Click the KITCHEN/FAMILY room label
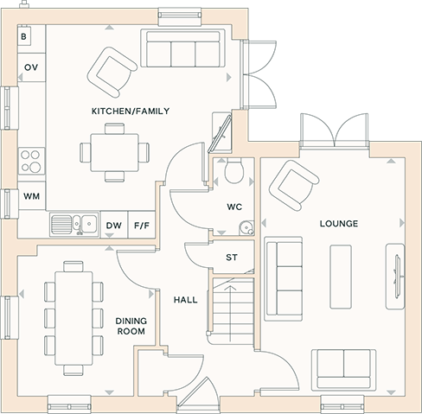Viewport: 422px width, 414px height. coord(131,111)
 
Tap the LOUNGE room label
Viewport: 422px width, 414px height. coord(339,224)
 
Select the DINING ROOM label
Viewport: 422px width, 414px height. coord(131,326)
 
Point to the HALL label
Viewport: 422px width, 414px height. coord(186,300)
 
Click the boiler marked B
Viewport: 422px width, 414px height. coord(24,35)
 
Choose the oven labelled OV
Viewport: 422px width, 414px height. coord(31,67)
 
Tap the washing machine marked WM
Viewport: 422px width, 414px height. coord(31,196)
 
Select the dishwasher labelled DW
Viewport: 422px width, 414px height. coord(114,226)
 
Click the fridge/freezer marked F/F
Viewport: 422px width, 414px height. coord(142,226)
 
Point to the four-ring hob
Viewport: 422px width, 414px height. coord(31,161)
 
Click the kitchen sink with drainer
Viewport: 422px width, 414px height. coord(74,225)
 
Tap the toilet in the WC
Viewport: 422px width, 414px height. coord(234,170)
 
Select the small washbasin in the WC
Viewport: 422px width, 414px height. coord(246,227)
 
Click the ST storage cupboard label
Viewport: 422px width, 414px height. coord(232,258)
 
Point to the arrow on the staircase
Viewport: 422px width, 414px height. coord(230,313)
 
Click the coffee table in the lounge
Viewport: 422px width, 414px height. coord(341,277)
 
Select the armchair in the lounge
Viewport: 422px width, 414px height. coord(294,185)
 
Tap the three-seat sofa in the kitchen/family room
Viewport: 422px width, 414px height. coord(182,48)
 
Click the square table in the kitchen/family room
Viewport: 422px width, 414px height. coord(115,152)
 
